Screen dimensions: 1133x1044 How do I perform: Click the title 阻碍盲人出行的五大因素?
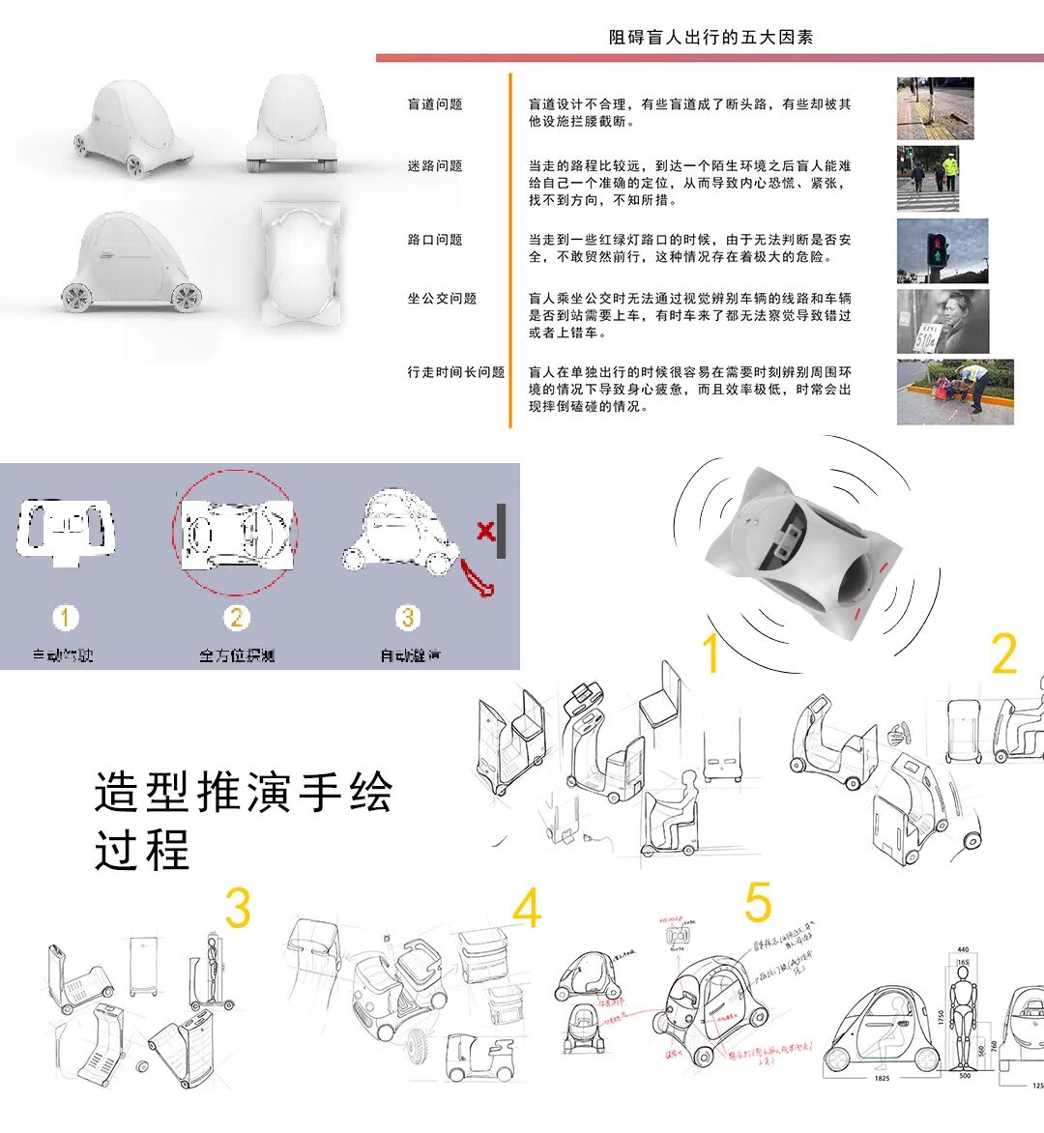[710, 38]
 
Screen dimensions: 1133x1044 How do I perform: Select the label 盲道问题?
[435, 104]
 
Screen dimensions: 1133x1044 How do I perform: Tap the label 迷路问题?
[435, 166]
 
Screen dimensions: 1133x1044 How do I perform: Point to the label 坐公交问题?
[442, 299]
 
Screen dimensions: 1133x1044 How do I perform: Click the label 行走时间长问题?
[456, 372]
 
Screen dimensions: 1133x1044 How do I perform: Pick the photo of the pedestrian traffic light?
[942, 250]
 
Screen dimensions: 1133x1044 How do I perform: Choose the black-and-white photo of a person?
[942, 321]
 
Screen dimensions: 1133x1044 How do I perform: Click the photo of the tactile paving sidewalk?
[934, 108]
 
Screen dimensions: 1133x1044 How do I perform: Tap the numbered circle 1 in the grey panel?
[66, 618]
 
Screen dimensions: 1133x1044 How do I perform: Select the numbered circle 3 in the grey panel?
[409, 618]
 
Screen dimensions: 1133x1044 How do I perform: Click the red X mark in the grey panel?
[485, 530]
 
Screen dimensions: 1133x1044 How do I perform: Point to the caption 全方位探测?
[237, 655]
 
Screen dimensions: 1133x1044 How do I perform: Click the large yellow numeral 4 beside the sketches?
[527, 909]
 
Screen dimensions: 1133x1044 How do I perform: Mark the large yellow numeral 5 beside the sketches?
[758, 903]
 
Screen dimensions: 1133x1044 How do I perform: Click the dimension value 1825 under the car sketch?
[882, 1078]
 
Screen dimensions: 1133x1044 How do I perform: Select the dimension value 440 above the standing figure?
[963, 950]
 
